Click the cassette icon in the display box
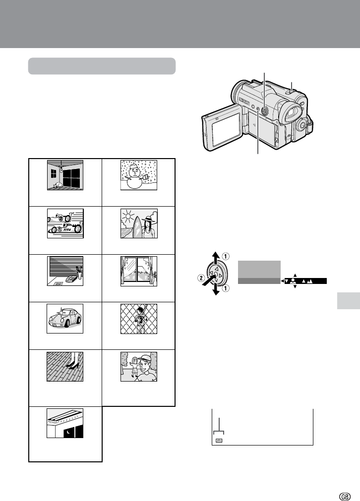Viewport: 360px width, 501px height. point(219,440)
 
